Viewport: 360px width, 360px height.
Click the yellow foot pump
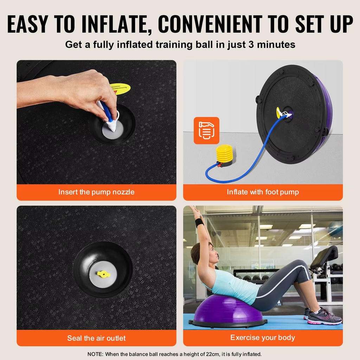coord(225,155)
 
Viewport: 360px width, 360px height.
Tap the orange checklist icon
coord(206,130)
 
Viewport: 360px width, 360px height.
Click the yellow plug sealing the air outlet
coord(104,274)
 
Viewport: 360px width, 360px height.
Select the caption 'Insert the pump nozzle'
coord(96,192)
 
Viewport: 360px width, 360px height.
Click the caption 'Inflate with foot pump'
coord(263,192)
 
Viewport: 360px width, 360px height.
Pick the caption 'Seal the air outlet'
coord(96,338)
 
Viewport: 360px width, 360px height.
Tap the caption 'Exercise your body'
coord(263,338)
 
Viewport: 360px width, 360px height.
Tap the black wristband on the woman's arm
coord(199,223)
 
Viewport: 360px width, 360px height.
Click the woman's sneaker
coord(323,317)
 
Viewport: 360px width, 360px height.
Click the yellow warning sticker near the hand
coord(120,88)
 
